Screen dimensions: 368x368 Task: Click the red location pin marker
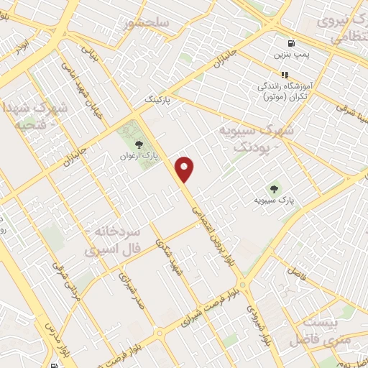coord(185,169)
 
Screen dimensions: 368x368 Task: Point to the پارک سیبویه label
coord(275,200)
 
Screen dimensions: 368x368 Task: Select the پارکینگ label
coord(159,98)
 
